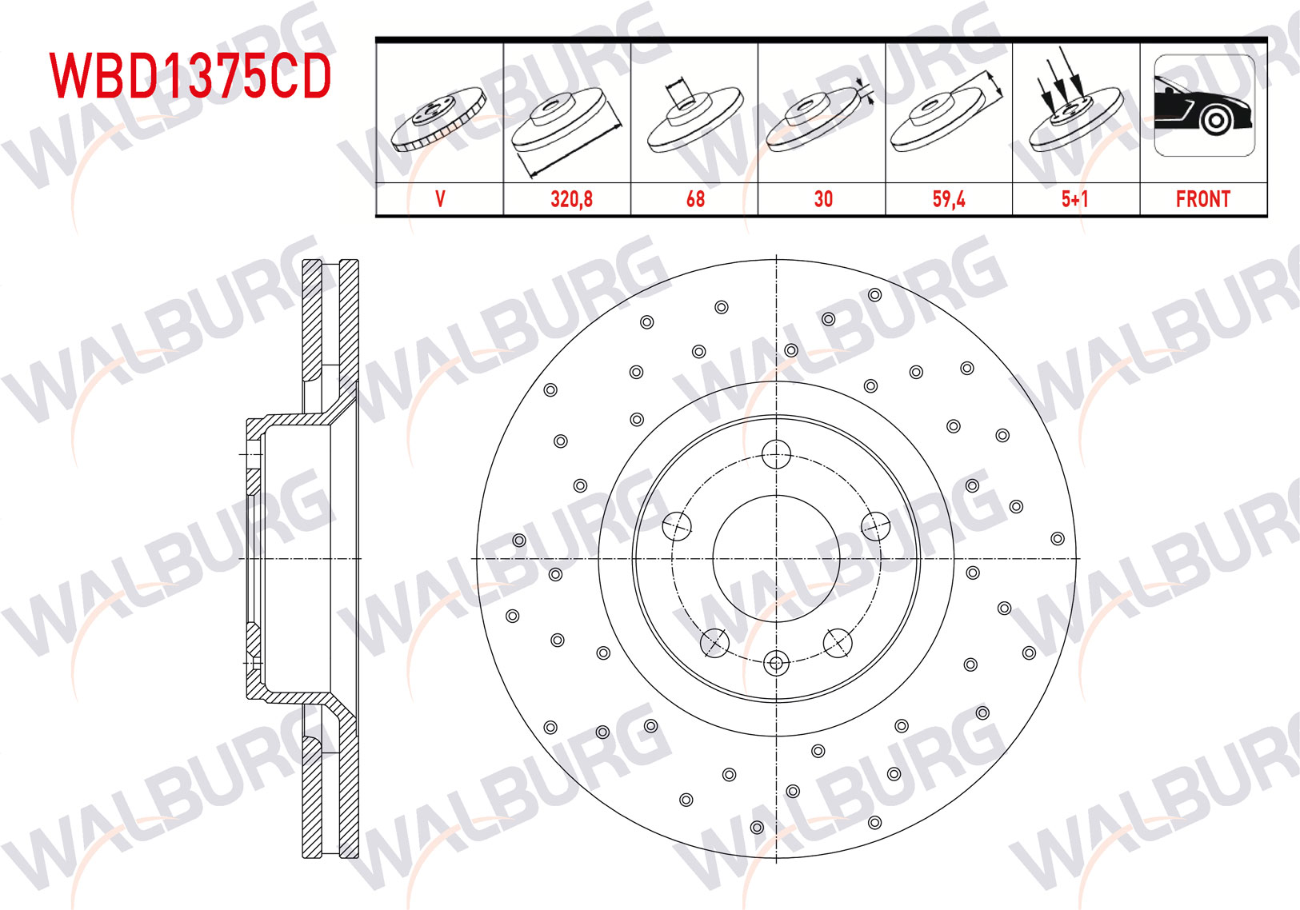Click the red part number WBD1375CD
(x=190, y=76)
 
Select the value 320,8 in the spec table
(x=572, y=200)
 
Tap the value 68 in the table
(x=695, y=200)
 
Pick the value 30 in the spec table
(x=823, y=200)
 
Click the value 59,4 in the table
(x=949, y=200)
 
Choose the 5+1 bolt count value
(x=1075, y=200)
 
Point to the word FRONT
(x=1203, y=200)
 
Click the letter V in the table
(x=441, y=200)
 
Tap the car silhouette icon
(x=1204, y=106)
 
